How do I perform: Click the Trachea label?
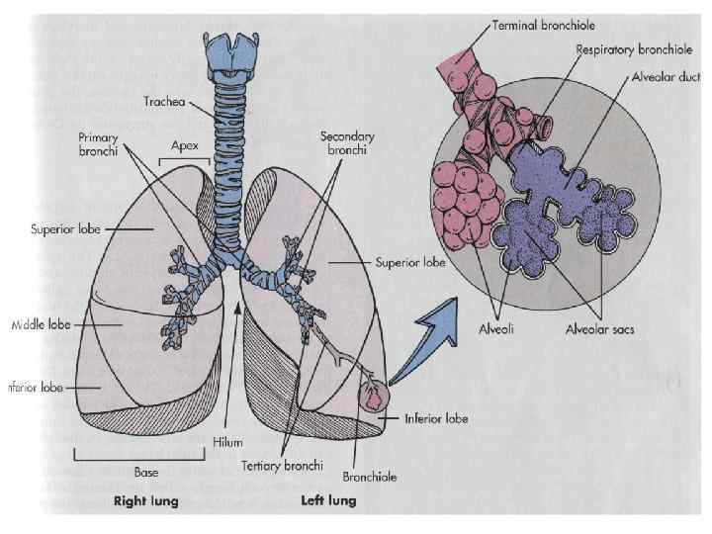tap(164, 100)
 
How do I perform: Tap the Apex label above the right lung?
tap(185, 145)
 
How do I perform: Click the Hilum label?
tap(227, 445)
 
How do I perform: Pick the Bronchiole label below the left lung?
tap(369, 477)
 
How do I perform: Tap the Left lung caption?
tap(327, 501)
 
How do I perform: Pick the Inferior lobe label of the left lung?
tap(435, 418)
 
